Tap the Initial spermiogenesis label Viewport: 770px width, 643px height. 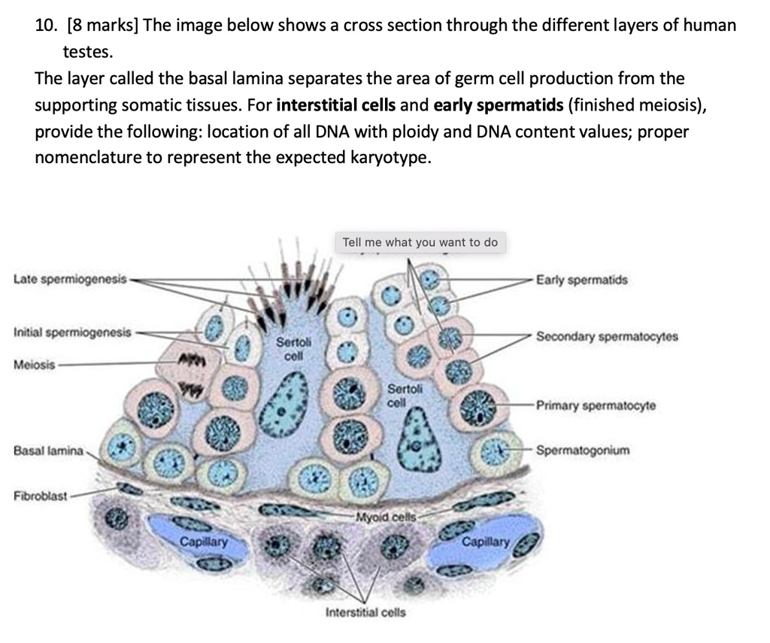click(x=72, y=332)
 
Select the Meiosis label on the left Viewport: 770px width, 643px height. click(x=35, y=364)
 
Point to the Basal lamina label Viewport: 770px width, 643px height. click(x=47, y=450)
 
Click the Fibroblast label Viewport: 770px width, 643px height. click(x=41, y=496)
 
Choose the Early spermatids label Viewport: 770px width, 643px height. click(x=581, y=280)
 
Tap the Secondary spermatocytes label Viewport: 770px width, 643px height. click(x=606, y=336)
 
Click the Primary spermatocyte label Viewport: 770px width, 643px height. click(x=596, y=405)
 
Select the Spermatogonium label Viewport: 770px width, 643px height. click(x=583, y=450)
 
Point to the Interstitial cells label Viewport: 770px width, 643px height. click(x=365, y=612)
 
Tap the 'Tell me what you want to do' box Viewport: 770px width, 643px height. click(x=420, y=242)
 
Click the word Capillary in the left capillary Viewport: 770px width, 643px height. click(x=203, y=541)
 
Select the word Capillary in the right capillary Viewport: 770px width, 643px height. click(x=485, y=541)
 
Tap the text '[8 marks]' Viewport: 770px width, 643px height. click(x=102, y=25)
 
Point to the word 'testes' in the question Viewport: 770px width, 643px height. click(x=86, y=52)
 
